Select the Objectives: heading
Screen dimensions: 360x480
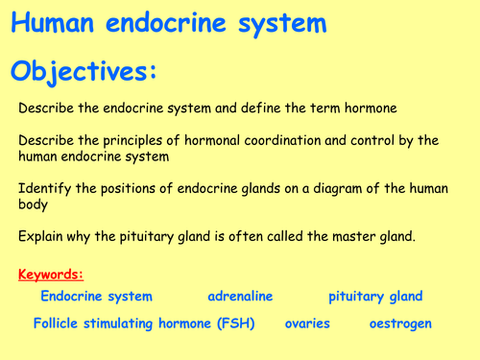pos(82,73)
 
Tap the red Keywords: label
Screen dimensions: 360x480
pos(51,276)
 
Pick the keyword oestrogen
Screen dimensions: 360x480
pos(400,324)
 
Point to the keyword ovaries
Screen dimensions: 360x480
pos(307,324)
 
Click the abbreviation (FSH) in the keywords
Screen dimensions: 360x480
pos(233,324)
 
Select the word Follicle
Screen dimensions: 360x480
pos(59,324)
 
